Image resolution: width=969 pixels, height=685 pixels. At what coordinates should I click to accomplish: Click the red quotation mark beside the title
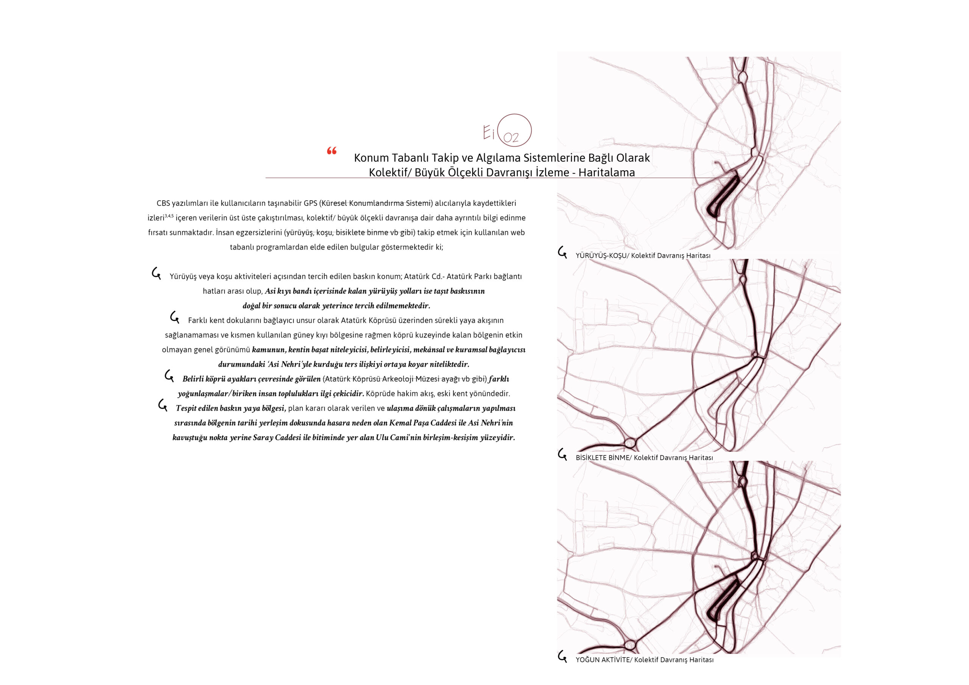[x=332, y=151]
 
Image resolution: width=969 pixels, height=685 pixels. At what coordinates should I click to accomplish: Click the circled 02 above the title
[x=514, y=131]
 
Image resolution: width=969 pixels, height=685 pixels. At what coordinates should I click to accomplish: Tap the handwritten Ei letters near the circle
[x=489, y=132]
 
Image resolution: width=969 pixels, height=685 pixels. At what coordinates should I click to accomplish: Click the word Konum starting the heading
[x=371, y=158]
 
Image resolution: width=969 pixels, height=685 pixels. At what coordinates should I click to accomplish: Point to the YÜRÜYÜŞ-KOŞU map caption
[x=643, y=255]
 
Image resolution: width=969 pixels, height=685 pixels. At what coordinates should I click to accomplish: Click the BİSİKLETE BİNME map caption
[x=644, y=458]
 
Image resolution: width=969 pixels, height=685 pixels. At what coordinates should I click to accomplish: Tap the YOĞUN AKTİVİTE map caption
[x=645, y=660]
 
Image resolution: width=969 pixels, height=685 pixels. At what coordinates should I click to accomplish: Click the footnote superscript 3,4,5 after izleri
[x=169, y=216]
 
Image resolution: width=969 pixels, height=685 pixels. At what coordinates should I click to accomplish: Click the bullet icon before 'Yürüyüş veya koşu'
[x=157, y=274]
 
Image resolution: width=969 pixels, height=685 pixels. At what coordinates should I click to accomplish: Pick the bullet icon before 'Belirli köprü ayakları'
[x=169, y=376]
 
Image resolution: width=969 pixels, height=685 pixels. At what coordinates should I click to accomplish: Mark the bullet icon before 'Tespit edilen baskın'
[x=163, y=405]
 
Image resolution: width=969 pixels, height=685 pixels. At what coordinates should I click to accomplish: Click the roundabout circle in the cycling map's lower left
[x=630, y=443]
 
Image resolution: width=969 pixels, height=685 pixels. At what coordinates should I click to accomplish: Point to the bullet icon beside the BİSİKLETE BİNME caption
[x=562, y=454]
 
